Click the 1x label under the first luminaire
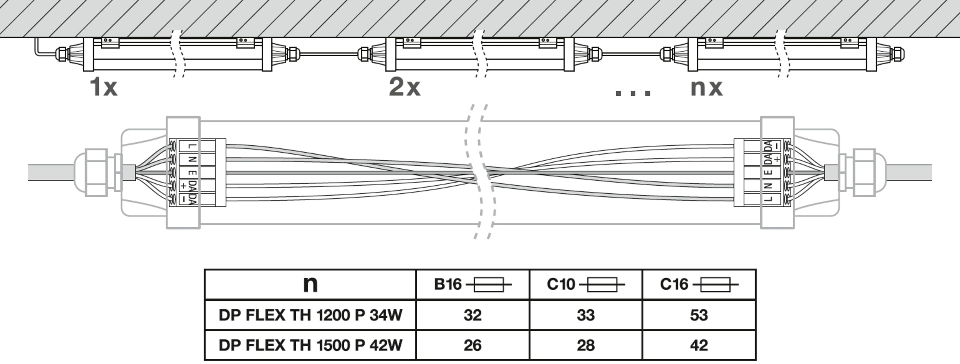pyautogui.click(x=104, y=87)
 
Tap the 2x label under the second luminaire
pyautogui.click(x=405, y=87)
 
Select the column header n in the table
pyautogui.click(x=310, y=284)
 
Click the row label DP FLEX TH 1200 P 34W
pyautogui.click(x=310, y=315)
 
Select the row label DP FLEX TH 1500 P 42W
pyautogui.click(x=310, y=345)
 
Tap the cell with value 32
pyautogui.click(x=473, y=315)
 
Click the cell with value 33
pyautogui.click(x=586, y=315)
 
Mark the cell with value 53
pyautogui.click(x=699, y=315)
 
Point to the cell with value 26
pyautogui.click(x=473, y=345)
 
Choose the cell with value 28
pyautogui.click(x=586, y=345)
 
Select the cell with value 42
pyautogui.click(x=699, y=345)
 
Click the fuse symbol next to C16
pyautogui.click(x=715, y=285)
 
